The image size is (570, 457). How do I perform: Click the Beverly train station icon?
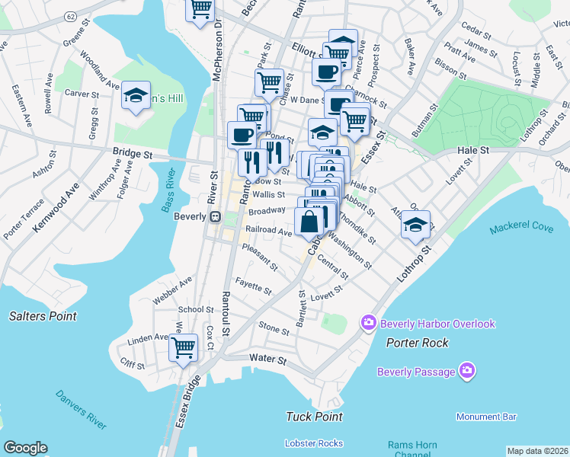(216, 216)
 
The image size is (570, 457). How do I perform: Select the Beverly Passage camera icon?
(467, 372)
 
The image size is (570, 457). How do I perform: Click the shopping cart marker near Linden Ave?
(183, 347)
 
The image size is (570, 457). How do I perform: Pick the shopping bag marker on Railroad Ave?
(310, 222)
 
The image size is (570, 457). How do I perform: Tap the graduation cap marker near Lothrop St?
(415, 225)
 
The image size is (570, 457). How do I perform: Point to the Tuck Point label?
(314, 417)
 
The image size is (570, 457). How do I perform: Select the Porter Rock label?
(417, 343)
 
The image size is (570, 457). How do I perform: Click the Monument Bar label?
(486, 417)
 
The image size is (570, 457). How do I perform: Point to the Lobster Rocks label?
(314, 443)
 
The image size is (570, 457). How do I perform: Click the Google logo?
(25, 448)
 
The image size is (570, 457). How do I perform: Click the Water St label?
(267, 358)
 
